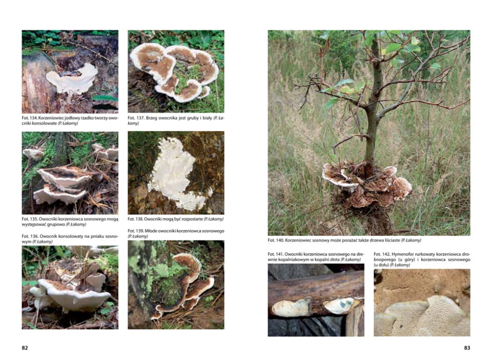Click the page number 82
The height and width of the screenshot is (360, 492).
25,348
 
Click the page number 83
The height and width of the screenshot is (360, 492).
467,348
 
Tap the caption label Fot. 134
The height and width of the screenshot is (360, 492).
30,118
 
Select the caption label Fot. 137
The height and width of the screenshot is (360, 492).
136,118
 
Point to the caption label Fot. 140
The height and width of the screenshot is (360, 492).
276,240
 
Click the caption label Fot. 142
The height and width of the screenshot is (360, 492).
382,254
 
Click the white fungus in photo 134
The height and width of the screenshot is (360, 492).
72,78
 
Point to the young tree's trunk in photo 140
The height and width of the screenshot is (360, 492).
373,103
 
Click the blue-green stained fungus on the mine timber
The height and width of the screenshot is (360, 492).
342,305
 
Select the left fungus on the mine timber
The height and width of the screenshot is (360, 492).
291,308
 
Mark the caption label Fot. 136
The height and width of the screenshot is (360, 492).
30,236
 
